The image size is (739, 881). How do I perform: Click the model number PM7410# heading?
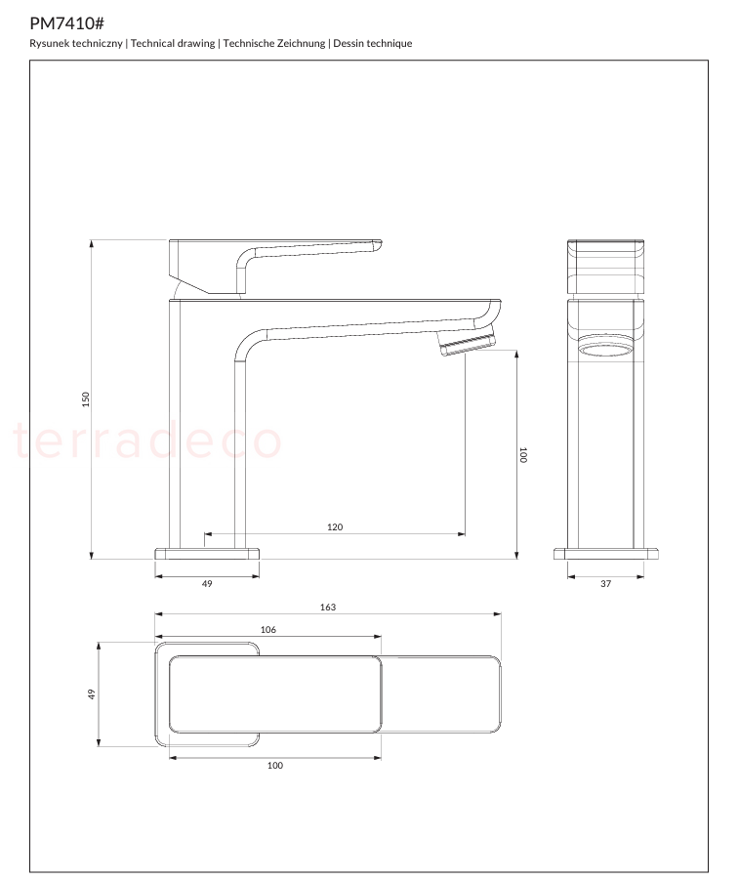click(66, 23)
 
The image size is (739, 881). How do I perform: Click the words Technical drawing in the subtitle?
click(173, 43)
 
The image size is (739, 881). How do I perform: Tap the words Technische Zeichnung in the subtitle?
click(274, 43)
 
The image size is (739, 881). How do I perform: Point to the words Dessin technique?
click(372, 43)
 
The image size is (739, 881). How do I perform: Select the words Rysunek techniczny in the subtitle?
click(76, 43)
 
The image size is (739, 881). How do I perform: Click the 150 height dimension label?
click(86, 399)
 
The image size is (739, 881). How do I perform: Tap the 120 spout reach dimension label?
click(335, 527)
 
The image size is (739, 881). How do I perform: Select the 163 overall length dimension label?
click(328, 608)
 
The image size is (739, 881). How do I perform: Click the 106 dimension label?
click(268, 630)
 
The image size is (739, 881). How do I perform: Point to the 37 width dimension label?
click(606, 584)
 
